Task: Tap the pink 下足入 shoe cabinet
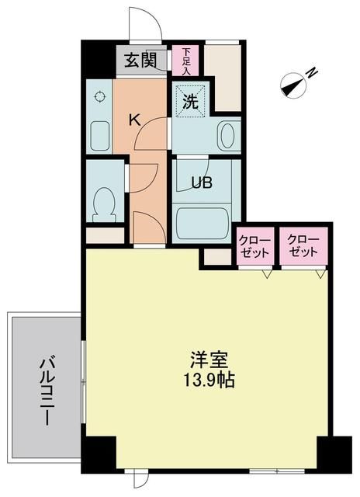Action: [x=185, y=61]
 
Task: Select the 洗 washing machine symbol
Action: [x=191, y=102]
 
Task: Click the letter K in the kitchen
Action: [x=134, y=120]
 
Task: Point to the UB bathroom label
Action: [x=201, y=182]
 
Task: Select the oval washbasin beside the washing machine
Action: [x=227, y=136]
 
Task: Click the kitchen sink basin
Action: [x=100, y=136]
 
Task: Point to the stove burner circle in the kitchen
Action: [x=100, y=96]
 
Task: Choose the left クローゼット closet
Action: [x=255, y=246]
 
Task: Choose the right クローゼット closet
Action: [x=303, y=246]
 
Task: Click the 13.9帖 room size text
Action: [x=209, y=380]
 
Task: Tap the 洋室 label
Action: [x=209, y=360]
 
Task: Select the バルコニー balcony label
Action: [x=47, y=391]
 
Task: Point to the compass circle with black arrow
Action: [x=293, y=86]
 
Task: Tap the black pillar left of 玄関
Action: [x=99, y=59]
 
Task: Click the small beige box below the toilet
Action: [x=105, y=235]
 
